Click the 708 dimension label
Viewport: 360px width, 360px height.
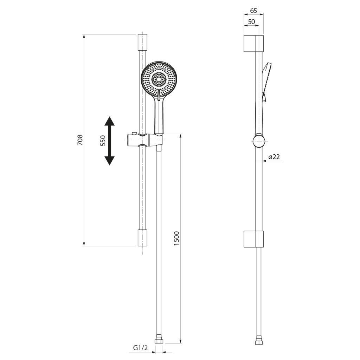pyautogui.click(x=80, y=140)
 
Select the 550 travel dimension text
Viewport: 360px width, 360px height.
pyautogui.click(x=103, y=141)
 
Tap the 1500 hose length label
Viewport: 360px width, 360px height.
pyautogui.click(x=176, y=238)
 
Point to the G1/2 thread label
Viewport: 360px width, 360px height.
pyautogui.click(x=141, y=348)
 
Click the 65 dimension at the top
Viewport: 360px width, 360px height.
pyautogui.click(x=253, y=11)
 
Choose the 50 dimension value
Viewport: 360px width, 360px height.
pyautogui.click(x=251, y=21)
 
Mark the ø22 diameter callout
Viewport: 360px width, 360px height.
pyautogui.click(x=274, y=157)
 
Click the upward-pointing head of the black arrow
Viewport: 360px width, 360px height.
pyautogui.click(x=110, y=121)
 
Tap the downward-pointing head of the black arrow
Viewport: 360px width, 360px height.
pyautogui.click(x=110, y=161)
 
